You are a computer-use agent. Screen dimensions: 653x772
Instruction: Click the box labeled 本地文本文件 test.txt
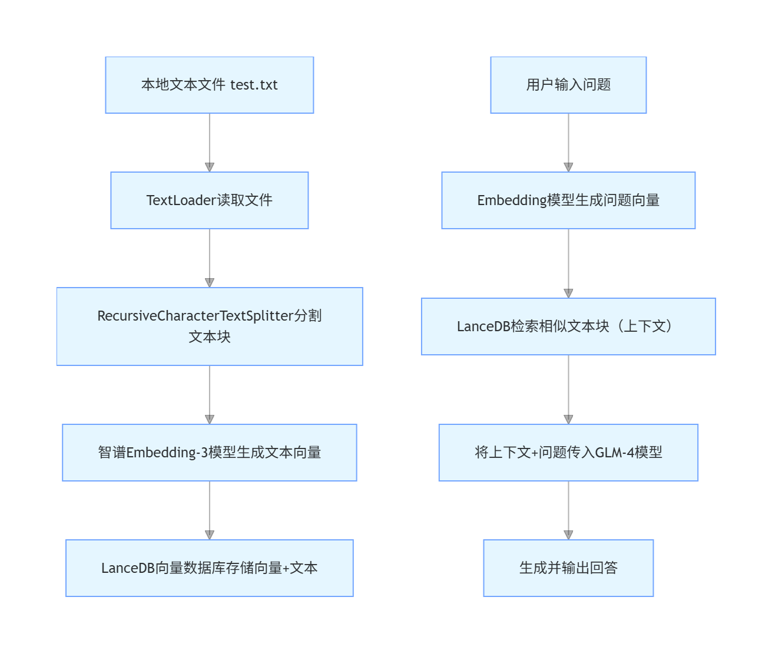pyautogui.click(x=209, y=85)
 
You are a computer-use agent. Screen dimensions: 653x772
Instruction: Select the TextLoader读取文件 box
pyautogui.click(x=209, y=200)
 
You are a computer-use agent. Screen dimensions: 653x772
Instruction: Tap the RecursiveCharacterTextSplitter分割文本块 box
pyautogui.click(x=209, y=326)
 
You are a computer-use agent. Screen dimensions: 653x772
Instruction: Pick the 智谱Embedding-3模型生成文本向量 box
pyautogui.click(x=209, y=453)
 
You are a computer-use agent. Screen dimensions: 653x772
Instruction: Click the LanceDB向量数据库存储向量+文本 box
pyautogui.click(x=209, y=568)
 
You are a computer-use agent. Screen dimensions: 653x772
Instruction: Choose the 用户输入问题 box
pyautogui.click(x=568, y=85)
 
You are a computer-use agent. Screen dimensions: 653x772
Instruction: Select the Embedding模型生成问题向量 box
pyautogui.click(x=568, y=200)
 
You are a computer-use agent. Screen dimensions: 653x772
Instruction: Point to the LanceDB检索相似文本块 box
pyautogui.click(x=568, y=326)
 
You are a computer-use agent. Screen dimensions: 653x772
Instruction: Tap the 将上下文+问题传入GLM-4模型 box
pyautogui.click(x=568, y=453)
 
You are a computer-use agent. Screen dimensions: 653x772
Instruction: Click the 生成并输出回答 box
pyautogui.click(x=568, y=568)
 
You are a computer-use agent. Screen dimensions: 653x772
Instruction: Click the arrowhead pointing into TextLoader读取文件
pyautogui.click(x=210, y=167)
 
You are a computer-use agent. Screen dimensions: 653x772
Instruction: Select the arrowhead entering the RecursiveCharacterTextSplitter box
pyautogui.click(x=210, y=282)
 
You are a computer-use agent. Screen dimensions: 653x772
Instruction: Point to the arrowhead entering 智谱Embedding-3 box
pyautogui.click(x=210, y=419)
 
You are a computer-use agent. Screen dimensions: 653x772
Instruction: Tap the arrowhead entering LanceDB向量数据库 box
pyautogui.click(x=210, y=535)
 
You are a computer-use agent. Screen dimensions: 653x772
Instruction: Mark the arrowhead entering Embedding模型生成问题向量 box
pyautogui.click(x=568, y=167)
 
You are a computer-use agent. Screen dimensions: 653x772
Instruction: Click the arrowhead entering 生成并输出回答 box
pyautogui.click(x=568, y=535)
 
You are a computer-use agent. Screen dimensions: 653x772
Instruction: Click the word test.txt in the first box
pyautogui.click(x=254, y=85)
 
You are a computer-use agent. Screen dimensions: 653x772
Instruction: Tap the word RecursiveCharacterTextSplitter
pyautogui.click(x=195, y=316)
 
